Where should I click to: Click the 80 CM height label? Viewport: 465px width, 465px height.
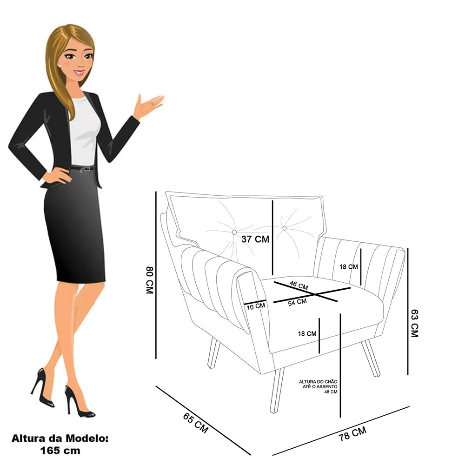[x=149, y=280]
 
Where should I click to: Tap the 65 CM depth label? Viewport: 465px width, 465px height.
[x=196, y=423]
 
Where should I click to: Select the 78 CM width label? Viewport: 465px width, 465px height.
[x=352, y=433]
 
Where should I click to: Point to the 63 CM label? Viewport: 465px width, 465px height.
[x=415, y=323]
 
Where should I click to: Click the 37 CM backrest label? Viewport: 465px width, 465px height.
[x=255, y=239]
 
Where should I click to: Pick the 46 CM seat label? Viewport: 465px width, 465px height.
[x=299, y=286]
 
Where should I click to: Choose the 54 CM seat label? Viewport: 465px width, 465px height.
[x=298, y=302]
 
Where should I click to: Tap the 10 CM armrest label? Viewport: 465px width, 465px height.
[x=256, y=306]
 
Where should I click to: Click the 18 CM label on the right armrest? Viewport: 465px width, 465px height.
[x=349, y=267]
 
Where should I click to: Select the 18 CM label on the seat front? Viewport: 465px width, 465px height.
[x=307, y=333]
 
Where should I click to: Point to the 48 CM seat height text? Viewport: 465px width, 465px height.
[x=331, y=392]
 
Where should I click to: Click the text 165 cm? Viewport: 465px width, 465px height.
[x=60, y=451]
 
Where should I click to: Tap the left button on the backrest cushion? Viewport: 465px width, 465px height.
[x=234, y=232]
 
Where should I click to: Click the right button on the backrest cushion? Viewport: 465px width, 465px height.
[x=285, y=228]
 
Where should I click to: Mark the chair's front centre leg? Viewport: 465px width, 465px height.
[x=277, y=391]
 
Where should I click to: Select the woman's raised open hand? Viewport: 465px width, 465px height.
[x=148, y=105]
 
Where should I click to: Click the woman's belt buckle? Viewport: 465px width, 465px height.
[x=87, y=169]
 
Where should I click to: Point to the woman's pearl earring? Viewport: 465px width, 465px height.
[x=60, y=66]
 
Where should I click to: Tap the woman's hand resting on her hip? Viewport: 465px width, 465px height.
[x=57, y=176]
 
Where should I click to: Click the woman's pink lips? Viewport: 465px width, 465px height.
[x=79, y=72]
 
